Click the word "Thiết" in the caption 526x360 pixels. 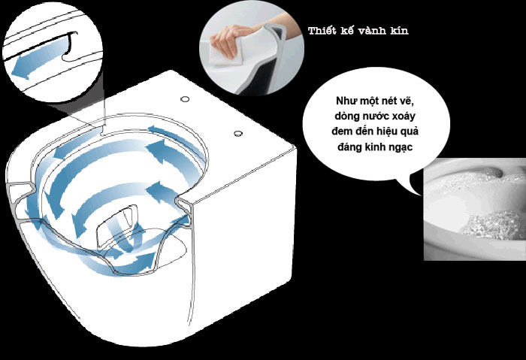(x=322, y=31)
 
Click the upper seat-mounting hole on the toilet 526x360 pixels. (x=185, y=99)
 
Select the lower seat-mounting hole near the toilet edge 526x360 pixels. (x=238, y=134)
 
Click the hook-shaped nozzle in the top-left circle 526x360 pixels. (x=69, y=47)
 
